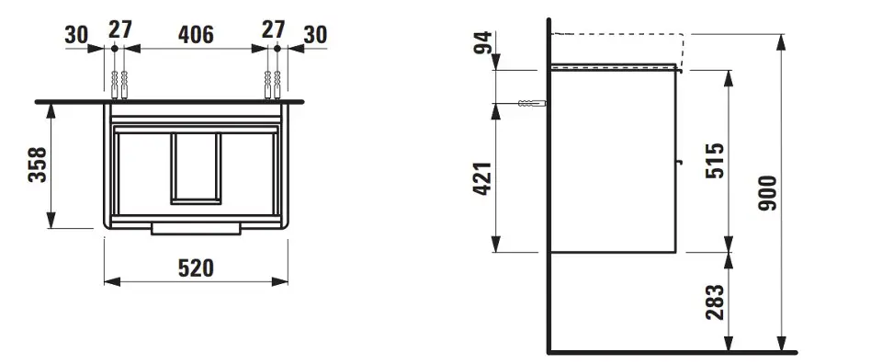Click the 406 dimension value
196,35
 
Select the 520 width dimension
196,268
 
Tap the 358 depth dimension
38,165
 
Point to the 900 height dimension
767,193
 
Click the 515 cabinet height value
715,161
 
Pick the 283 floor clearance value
715,301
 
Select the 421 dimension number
482,178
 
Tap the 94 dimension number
482,43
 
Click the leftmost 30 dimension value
76,35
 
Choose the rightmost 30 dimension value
315,35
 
